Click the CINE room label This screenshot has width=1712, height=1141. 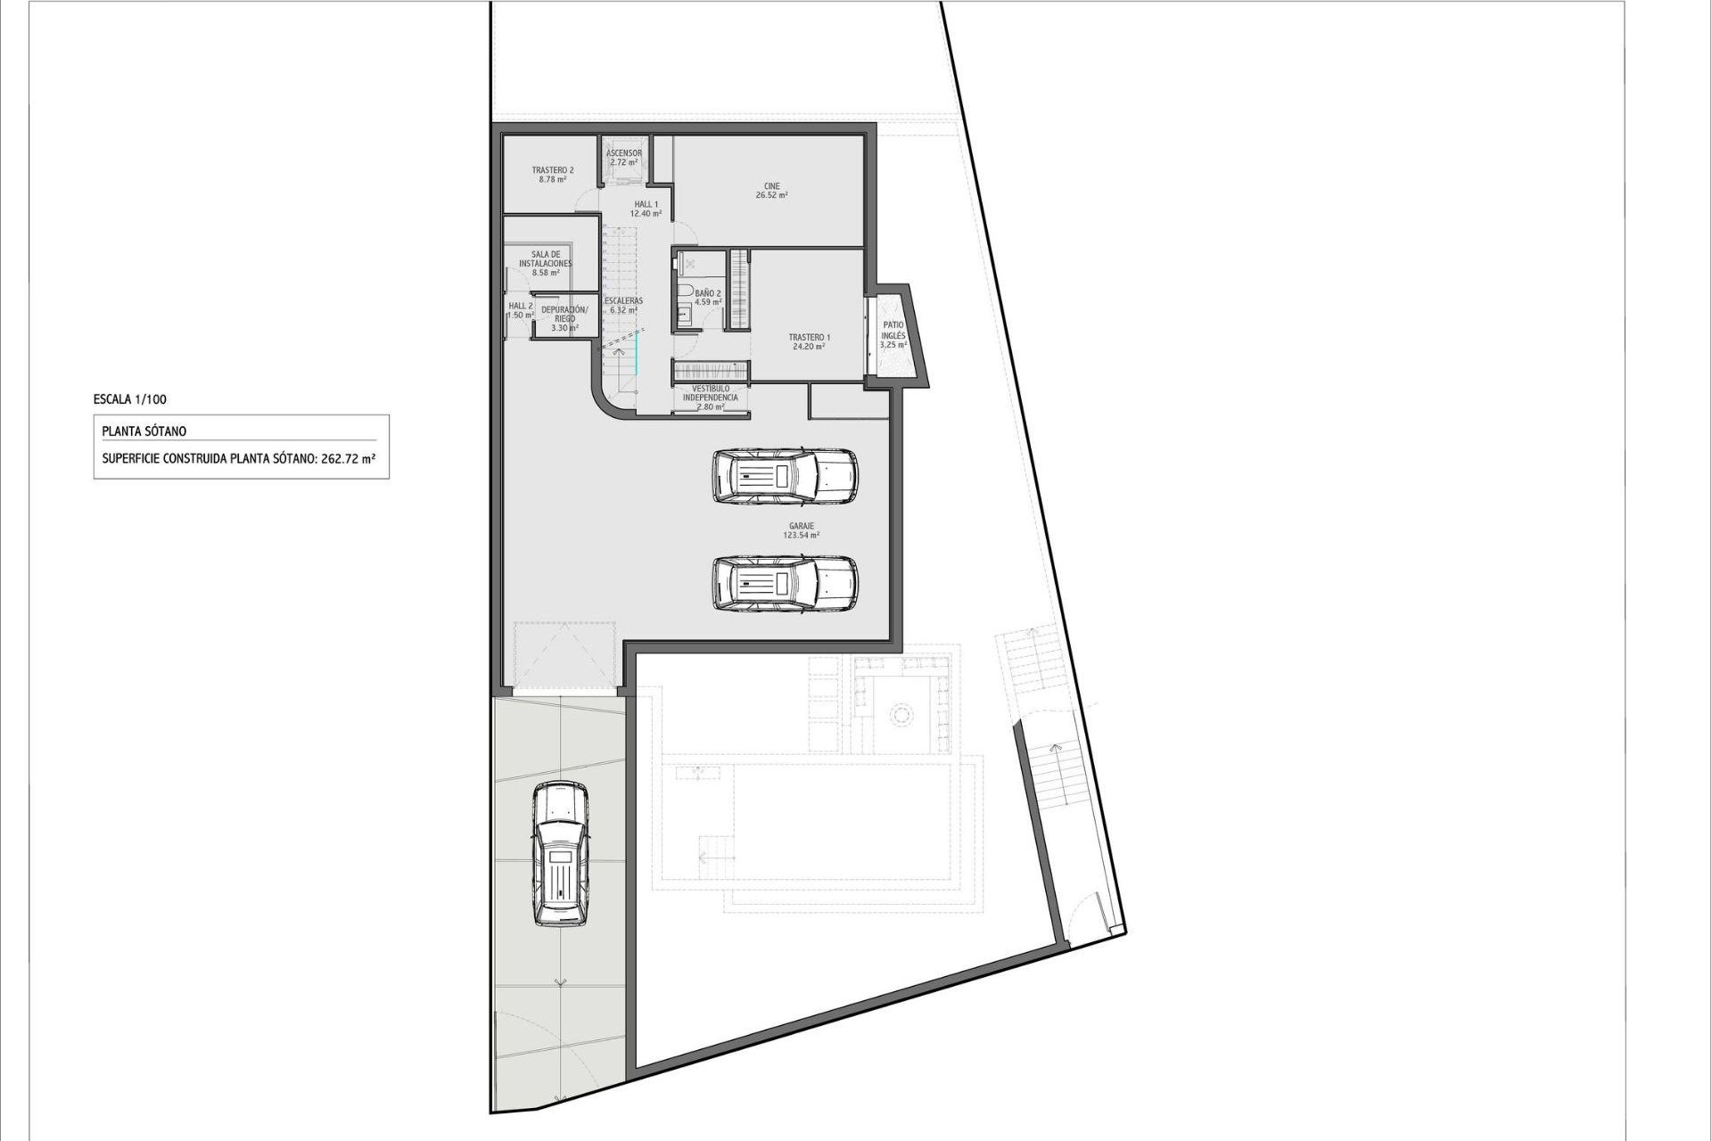(771, 186)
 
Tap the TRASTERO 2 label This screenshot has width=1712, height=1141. (553, 170)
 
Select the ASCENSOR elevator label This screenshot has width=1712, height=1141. (624, 153)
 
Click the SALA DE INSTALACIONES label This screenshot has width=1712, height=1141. (545, 259)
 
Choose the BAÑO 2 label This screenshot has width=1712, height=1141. (708, 293)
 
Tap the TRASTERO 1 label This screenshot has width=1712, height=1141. (809, 338)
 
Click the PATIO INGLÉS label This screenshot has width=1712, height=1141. (893, 331)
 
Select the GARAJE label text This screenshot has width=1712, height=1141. (801, 526)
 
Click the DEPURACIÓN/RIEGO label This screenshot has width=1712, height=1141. (564, 314)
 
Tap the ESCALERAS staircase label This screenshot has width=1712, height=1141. (623, 301)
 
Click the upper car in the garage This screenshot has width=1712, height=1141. (784, 475)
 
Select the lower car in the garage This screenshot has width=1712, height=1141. (784, 584)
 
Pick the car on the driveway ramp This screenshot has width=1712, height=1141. (560, 854)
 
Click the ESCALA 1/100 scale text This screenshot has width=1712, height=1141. (129, 400)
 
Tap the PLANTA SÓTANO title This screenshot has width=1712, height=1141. (144, 431)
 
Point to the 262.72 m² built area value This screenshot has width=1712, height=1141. (348, 460)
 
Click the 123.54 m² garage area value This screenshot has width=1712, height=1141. (801, 536)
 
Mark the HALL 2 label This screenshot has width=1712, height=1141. (521, 306)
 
